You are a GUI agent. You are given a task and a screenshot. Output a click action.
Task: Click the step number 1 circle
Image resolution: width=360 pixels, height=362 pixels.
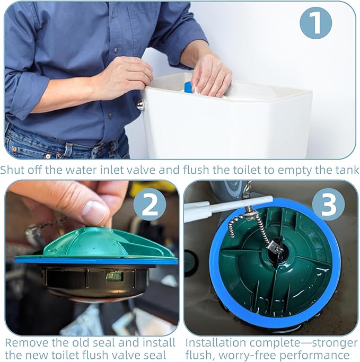point(315,23)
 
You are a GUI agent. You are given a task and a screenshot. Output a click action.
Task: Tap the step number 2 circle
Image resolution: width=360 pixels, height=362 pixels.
point(150,204)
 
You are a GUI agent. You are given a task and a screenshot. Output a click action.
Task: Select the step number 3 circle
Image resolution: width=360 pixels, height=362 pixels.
point(328,204)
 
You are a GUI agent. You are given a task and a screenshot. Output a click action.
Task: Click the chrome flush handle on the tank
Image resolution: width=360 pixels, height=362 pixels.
point(141,104)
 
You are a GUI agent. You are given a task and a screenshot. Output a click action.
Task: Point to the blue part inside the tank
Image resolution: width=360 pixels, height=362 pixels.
point(188,87)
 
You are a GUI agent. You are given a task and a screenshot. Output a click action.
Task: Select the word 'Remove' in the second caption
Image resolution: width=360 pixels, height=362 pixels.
point(26,343)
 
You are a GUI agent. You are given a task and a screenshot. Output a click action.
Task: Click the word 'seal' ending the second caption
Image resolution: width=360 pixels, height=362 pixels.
point(156,355)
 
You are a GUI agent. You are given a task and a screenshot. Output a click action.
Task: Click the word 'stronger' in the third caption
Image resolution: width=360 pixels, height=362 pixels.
point(335,343)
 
